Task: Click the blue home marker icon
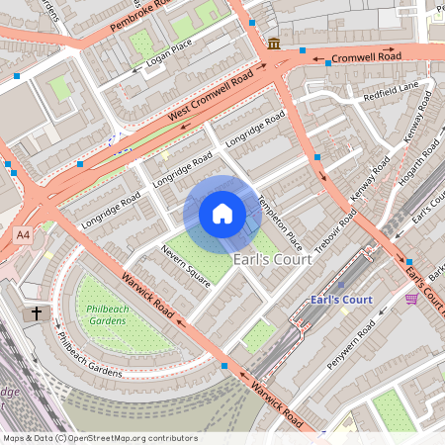pos(222,214)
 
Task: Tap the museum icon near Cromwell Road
pos(274,44)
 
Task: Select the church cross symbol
pos(36,312)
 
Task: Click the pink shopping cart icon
pos(411,298)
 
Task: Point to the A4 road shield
pos(23,234)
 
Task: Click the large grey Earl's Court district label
pos(272,259)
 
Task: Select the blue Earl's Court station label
pos(340,300)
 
